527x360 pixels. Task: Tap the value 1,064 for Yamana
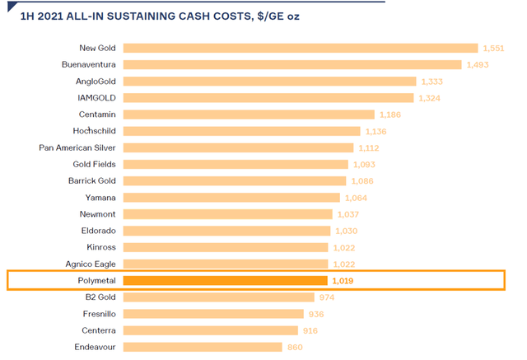(355, 198)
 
